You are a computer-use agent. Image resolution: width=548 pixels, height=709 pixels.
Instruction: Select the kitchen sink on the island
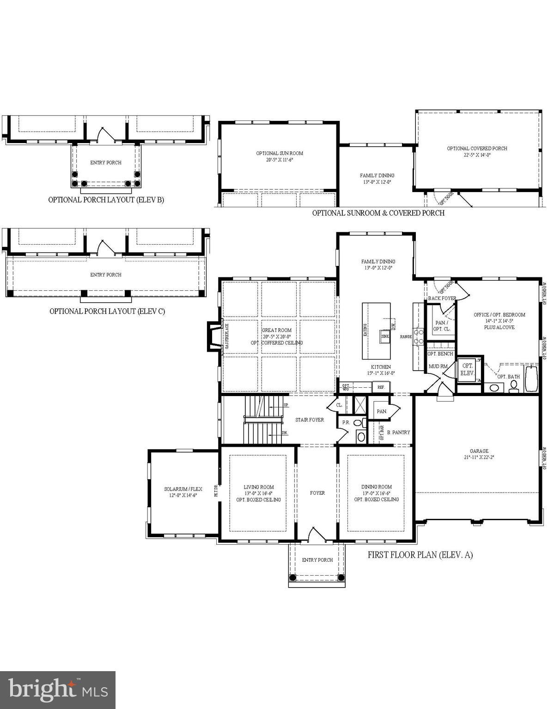pyautogui.click(x=385, y=336)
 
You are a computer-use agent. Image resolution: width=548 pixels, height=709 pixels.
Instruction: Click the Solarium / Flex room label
pyautogui.click(x=183, y=492)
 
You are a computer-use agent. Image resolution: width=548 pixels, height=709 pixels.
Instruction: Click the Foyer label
pyautogui.click(x=317, y=493)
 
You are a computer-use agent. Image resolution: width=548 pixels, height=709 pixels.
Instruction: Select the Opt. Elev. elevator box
pyautogui.click(x=467, y=369)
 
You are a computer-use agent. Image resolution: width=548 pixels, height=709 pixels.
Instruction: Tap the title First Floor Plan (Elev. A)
pyautogui.click(x=420, y=555)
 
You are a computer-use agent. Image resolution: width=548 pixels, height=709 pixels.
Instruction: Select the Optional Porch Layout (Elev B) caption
pyautogui.click(x=106, y=200)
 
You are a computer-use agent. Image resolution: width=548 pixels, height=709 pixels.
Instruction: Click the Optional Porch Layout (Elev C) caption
pyautogui.click(x=107, y=311)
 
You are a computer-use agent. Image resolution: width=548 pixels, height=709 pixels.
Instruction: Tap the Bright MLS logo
pyautogui.click(x=58, y=690)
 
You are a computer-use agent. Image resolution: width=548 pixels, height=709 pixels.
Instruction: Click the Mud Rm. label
pyautogui.click(x=438, y=367)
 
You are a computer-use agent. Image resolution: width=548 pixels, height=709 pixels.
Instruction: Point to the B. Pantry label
pyautogui.click(x=398, y=433)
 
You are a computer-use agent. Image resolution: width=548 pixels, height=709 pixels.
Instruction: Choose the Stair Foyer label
pyautogui.click(x=310, y=420)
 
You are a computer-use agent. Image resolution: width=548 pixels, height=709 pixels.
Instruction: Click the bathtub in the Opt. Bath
pyautogui.click(x=531, y=379)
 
